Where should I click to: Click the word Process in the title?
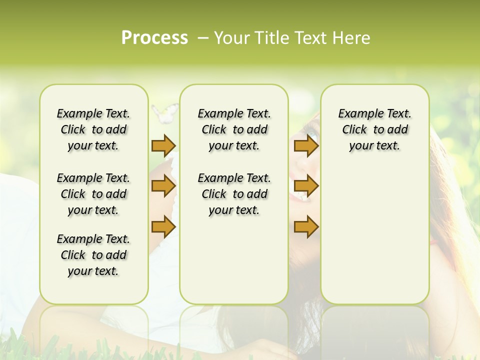coord(154,38)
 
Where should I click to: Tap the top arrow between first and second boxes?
coord(163,145)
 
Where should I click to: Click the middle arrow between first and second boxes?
coord(163,186)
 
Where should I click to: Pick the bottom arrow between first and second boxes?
coord(163,227)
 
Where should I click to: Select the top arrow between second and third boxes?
coord(306,145)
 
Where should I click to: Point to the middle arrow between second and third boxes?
coord(306,186)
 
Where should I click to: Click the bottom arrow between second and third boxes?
coord(306,227)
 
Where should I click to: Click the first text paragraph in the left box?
coord(93,129)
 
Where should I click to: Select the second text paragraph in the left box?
coord(93,194)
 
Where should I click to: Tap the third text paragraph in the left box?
coord(93,255)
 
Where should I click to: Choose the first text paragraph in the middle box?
coord(234,129)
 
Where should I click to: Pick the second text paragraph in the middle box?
coord(234,194)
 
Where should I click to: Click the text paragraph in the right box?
coord(374,129)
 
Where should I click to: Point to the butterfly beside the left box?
coord(164,112)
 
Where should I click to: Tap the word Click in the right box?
coord(354,130)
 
